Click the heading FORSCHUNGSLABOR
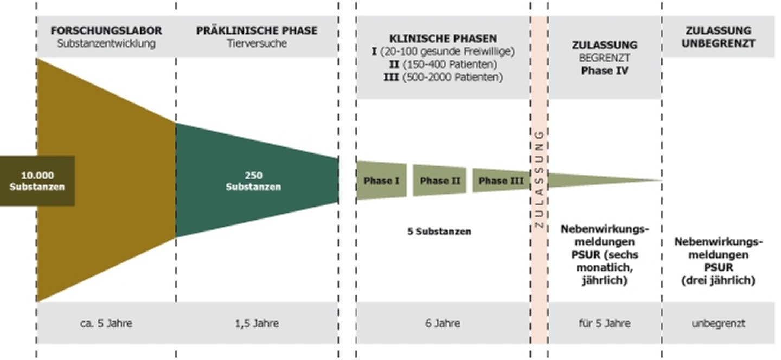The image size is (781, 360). pos(106,31)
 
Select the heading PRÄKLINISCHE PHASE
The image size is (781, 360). pos(257,31)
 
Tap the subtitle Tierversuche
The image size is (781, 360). pos(257,43)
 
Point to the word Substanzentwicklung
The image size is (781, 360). pos(106,43)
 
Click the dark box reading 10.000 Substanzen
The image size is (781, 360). pos(37,181)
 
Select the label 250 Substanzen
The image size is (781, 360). pos(253,181)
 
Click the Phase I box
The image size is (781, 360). pos(381,181)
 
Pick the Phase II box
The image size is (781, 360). pos(440,181)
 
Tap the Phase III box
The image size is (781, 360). pos(501,181)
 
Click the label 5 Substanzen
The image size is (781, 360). pos(439,232)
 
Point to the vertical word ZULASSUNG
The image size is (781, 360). pos(539,179)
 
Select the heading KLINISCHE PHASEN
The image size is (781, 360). pos(443,38)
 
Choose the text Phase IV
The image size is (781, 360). pos(605,70)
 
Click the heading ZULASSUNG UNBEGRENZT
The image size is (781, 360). pos(718,37)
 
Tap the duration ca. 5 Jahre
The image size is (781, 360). pos(106,324)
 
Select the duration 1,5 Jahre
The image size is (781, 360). pos(257,324)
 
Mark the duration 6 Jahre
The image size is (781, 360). pos(443,324)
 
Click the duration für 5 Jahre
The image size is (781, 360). pos(605,324)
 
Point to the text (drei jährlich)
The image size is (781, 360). pos(718,280)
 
